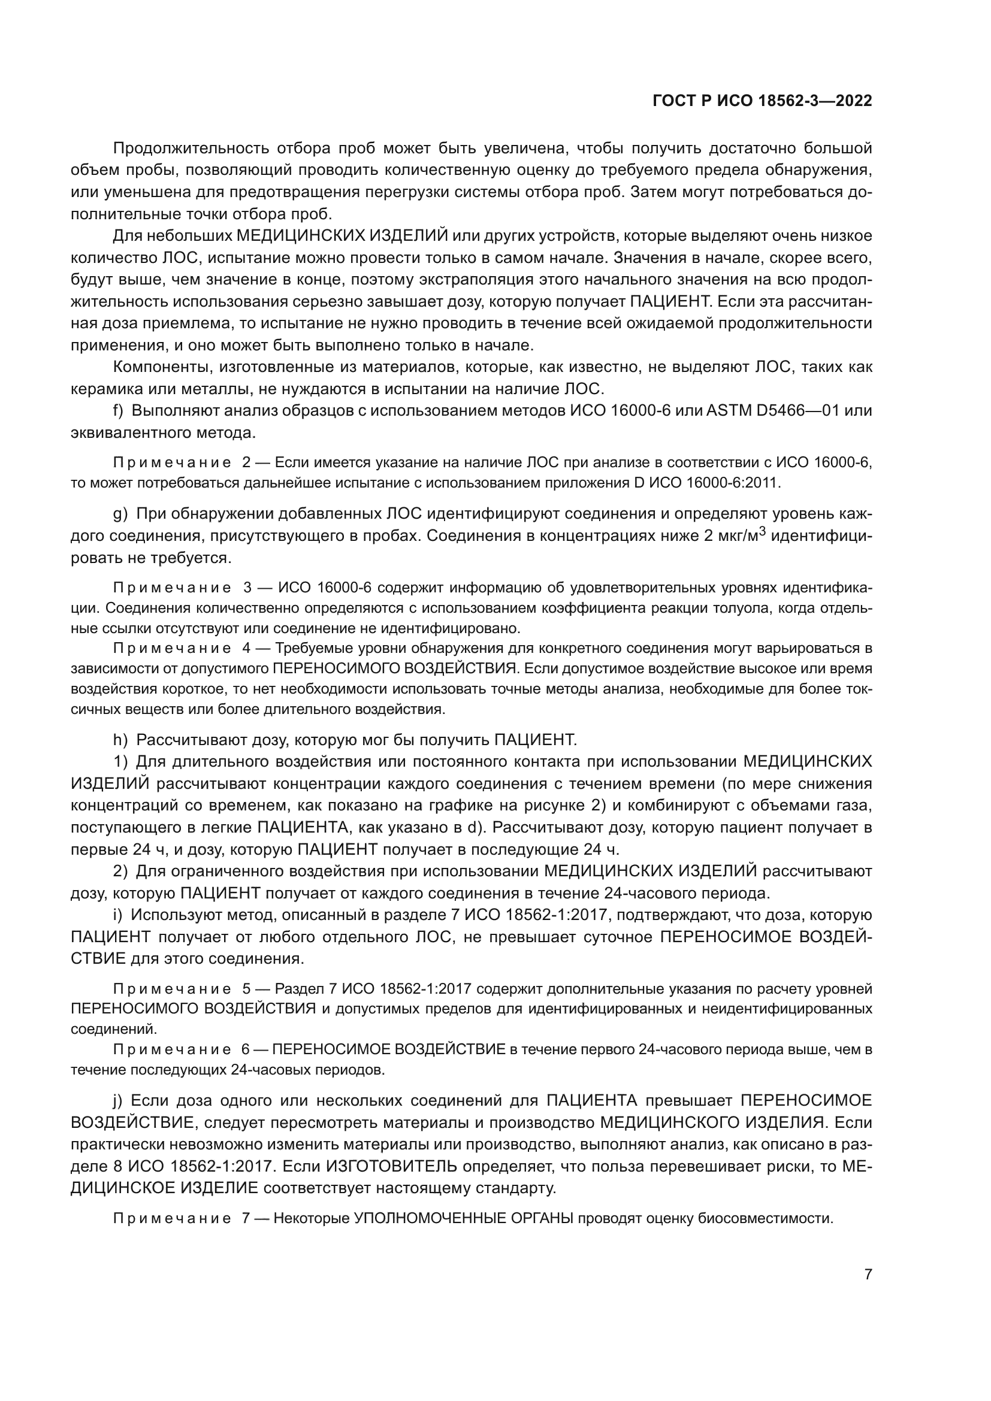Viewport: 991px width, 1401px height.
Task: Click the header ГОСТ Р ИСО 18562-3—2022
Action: point(762,101)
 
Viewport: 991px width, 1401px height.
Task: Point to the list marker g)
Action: point(120,515)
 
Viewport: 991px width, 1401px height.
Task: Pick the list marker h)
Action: point(120,740)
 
